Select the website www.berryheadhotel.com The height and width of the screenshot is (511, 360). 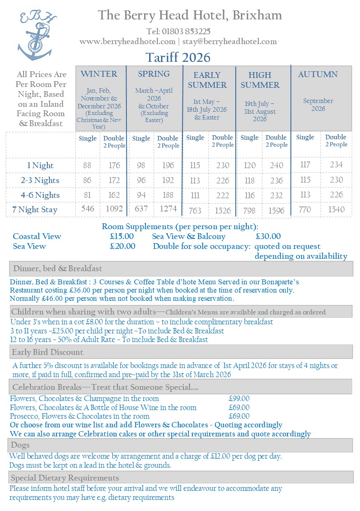(127, 42)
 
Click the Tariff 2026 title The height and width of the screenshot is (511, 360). (178, 57)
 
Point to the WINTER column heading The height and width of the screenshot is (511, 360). (99, 74)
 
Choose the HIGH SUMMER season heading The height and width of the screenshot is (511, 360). (260, 80)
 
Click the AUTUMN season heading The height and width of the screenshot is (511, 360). (318, 75)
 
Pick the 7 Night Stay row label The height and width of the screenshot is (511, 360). (35, 210)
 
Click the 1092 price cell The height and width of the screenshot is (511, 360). (114, 209)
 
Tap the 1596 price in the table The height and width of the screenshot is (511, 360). (276, 211)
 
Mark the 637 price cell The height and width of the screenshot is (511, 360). (141, 209)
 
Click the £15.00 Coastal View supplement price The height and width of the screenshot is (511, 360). (122, 237)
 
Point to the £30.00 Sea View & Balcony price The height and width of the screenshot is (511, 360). (268, 237)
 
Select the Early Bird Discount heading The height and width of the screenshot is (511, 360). (47, 352)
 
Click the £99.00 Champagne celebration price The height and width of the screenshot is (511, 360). (239, 398)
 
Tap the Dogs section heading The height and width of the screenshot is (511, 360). (20, 445)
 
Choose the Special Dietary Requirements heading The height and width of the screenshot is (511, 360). (65, 478)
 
